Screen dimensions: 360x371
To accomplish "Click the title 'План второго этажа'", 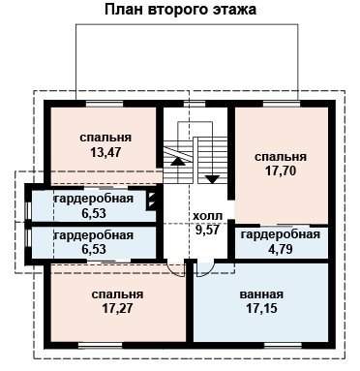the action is [x=180, y=10].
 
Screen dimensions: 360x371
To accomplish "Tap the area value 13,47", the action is [x=105, y=152].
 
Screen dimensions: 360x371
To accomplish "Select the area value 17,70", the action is [x=281, y=170].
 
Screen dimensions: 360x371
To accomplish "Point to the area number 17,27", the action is [x=117, y=309].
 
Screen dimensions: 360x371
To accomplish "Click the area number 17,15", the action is [x=261, y=309].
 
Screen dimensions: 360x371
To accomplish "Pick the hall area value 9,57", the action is [x=207, y=230].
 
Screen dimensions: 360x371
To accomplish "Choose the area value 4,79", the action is [x=281, y=249].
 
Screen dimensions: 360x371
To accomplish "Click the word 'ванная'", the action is [x=261, y=294].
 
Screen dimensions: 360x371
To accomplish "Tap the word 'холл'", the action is [x=207, y=216].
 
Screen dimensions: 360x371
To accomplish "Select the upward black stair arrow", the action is [x=178, y=162].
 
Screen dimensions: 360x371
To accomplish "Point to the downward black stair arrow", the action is [x=212, y=179].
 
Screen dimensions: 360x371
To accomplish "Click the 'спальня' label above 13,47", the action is [x=105, y=138].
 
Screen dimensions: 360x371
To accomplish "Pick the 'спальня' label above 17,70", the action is [x=281, y=157].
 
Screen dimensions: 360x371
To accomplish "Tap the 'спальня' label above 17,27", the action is [x=117, y=294].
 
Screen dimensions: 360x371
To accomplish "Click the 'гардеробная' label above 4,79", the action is [x=281, y=234].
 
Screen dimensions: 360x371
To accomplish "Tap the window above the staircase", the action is [x=195, y=104].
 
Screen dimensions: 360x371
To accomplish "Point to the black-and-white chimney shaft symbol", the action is [x=151, y=201].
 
